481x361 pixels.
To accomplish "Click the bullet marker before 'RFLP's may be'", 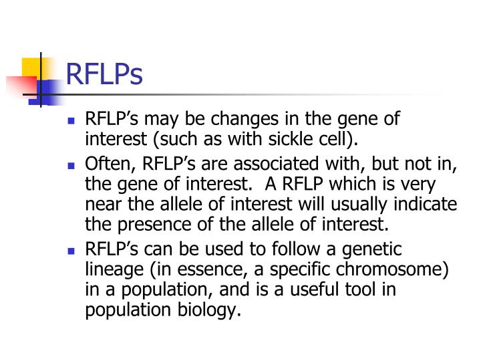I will (x=71, y=122).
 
